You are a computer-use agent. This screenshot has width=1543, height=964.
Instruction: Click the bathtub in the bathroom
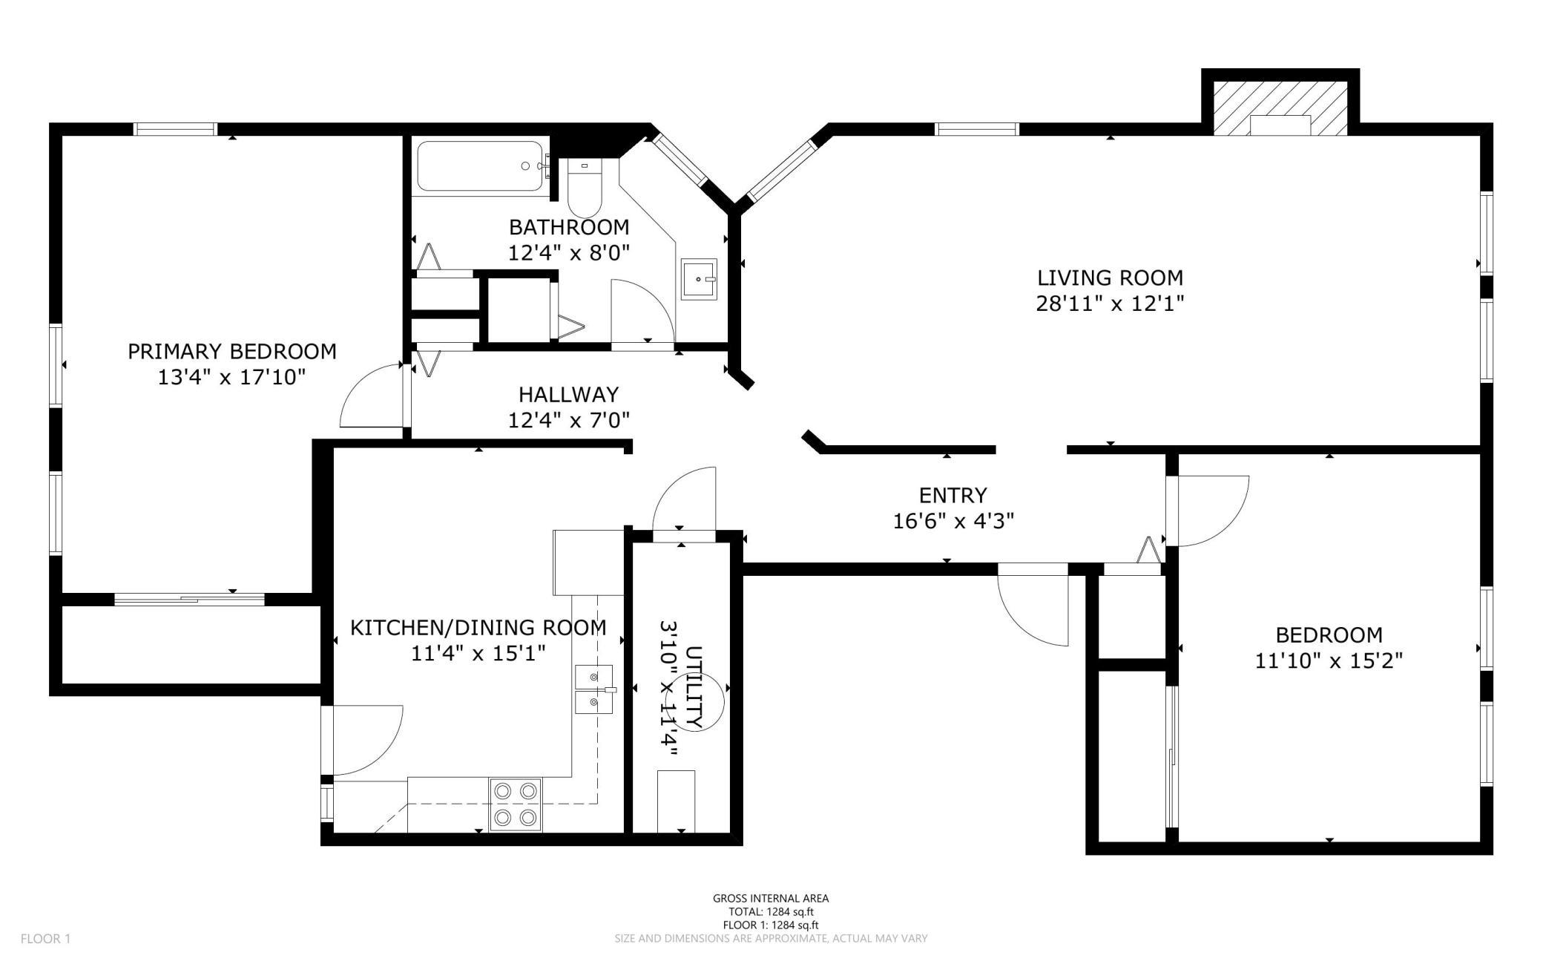pos(483,168)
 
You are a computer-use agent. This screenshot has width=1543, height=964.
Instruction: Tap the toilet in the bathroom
pos(584,187)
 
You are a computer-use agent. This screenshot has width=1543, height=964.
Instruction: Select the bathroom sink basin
pos(699,279)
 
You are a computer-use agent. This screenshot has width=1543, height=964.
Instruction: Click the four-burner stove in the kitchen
pos(516,804)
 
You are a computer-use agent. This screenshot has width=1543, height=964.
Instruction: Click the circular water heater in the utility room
pos(697,703)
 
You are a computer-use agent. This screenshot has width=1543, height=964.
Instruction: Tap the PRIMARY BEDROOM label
pos(232,351)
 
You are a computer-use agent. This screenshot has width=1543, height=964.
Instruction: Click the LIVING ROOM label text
pos(1110,278)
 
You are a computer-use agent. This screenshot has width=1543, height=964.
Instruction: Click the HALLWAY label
pos(569,394)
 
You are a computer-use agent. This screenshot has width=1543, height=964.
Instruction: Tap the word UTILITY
pos(694,687)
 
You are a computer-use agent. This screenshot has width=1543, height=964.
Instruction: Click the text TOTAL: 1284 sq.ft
pos(771,911)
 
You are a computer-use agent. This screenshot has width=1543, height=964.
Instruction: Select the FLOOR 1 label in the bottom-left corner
pos(45,939)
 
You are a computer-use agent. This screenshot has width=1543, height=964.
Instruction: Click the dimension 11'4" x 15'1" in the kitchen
pos(478,654)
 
